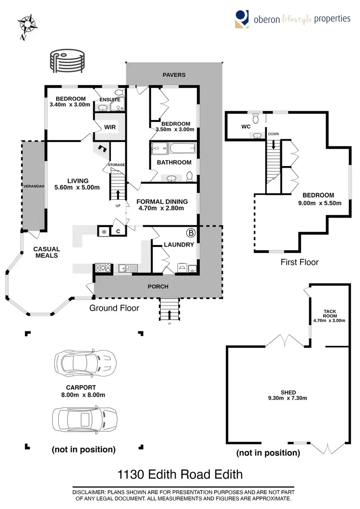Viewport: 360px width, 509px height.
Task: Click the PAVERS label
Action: (174, 75)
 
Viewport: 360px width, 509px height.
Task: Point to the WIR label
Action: (110, 127)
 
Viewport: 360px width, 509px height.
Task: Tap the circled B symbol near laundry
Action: (191, 233)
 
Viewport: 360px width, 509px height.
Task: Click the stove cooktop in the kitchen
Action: (103, 268)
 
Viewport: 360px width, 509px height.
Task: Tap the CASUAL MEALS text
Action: (47, 252)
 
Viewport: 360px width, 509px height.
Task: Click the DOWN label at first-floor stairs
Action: (274, 134)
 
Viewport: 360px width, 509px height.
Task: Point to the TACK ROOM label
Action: (329, 314)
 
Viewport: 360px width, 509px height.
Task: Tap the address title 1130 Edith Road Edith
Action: (180, 475)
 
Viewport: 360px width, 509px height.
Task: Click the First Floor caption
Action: (300, 262)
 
